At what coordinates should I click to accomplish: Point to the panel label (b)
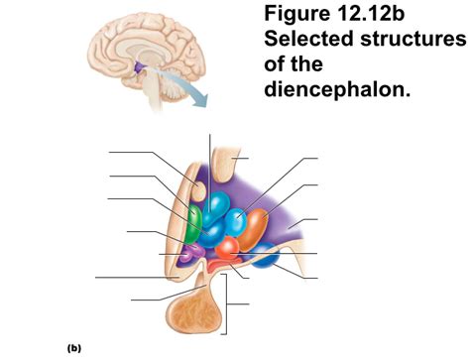(74, 348)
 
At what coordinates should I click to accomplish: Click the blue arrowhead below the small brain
(202, 99)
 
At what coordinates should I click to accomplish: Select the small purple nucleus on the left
(185, 257)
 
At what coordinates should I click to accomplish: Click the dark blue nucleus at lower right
(264, 258)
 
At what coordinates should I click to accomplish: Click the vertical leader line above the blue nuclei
(210, 159)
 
